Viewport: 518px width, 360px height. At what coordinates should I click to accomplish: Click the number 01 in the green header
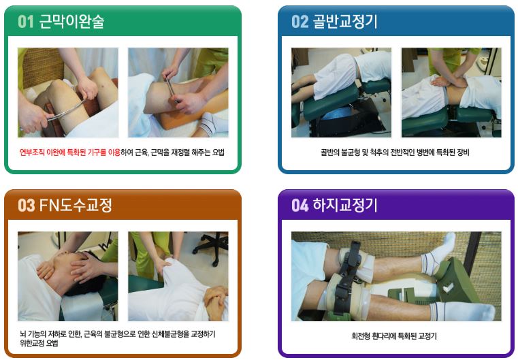[x=26, y=22]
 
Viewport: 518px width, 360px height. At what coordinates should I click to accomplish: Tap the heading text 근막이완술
[x=71, y=22]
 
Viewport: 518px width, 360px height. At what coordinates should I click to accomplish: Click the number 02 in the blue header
[x=300, y=22]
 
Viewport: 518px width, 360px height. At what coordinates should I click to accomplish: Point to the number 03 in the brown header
[x=26, y=205]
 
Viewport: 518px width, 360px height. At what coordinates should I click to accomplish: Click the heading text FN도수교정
[x=76, y=205]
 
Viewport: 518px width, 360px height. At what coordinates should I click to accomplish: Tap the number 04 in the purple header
[x=300, y=205]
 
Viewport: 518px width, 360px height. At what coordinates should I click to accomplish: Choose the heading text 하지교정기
[x=345, y=205]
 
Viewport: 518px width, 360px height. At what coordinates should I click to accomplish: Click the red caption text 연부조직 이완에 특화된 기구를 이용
[x=69, y=152]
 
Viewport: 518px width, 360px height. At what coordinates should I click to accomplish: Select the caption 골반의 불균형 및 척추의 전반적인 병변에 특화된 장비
[x=395, y=152]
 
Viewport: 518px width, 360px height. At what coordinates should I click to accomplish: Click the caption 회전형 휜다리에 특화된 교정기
[x=394, y=336]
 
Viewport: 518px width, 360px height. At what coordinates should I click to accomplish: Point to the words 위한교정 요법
[x=39, y=343]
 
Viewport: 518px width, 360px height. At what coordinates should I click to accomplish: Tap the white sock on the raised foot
[x=439, y=254]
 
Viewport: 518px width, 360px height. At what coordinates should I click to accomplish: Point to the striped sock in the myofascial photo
[x=212, y=124]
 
